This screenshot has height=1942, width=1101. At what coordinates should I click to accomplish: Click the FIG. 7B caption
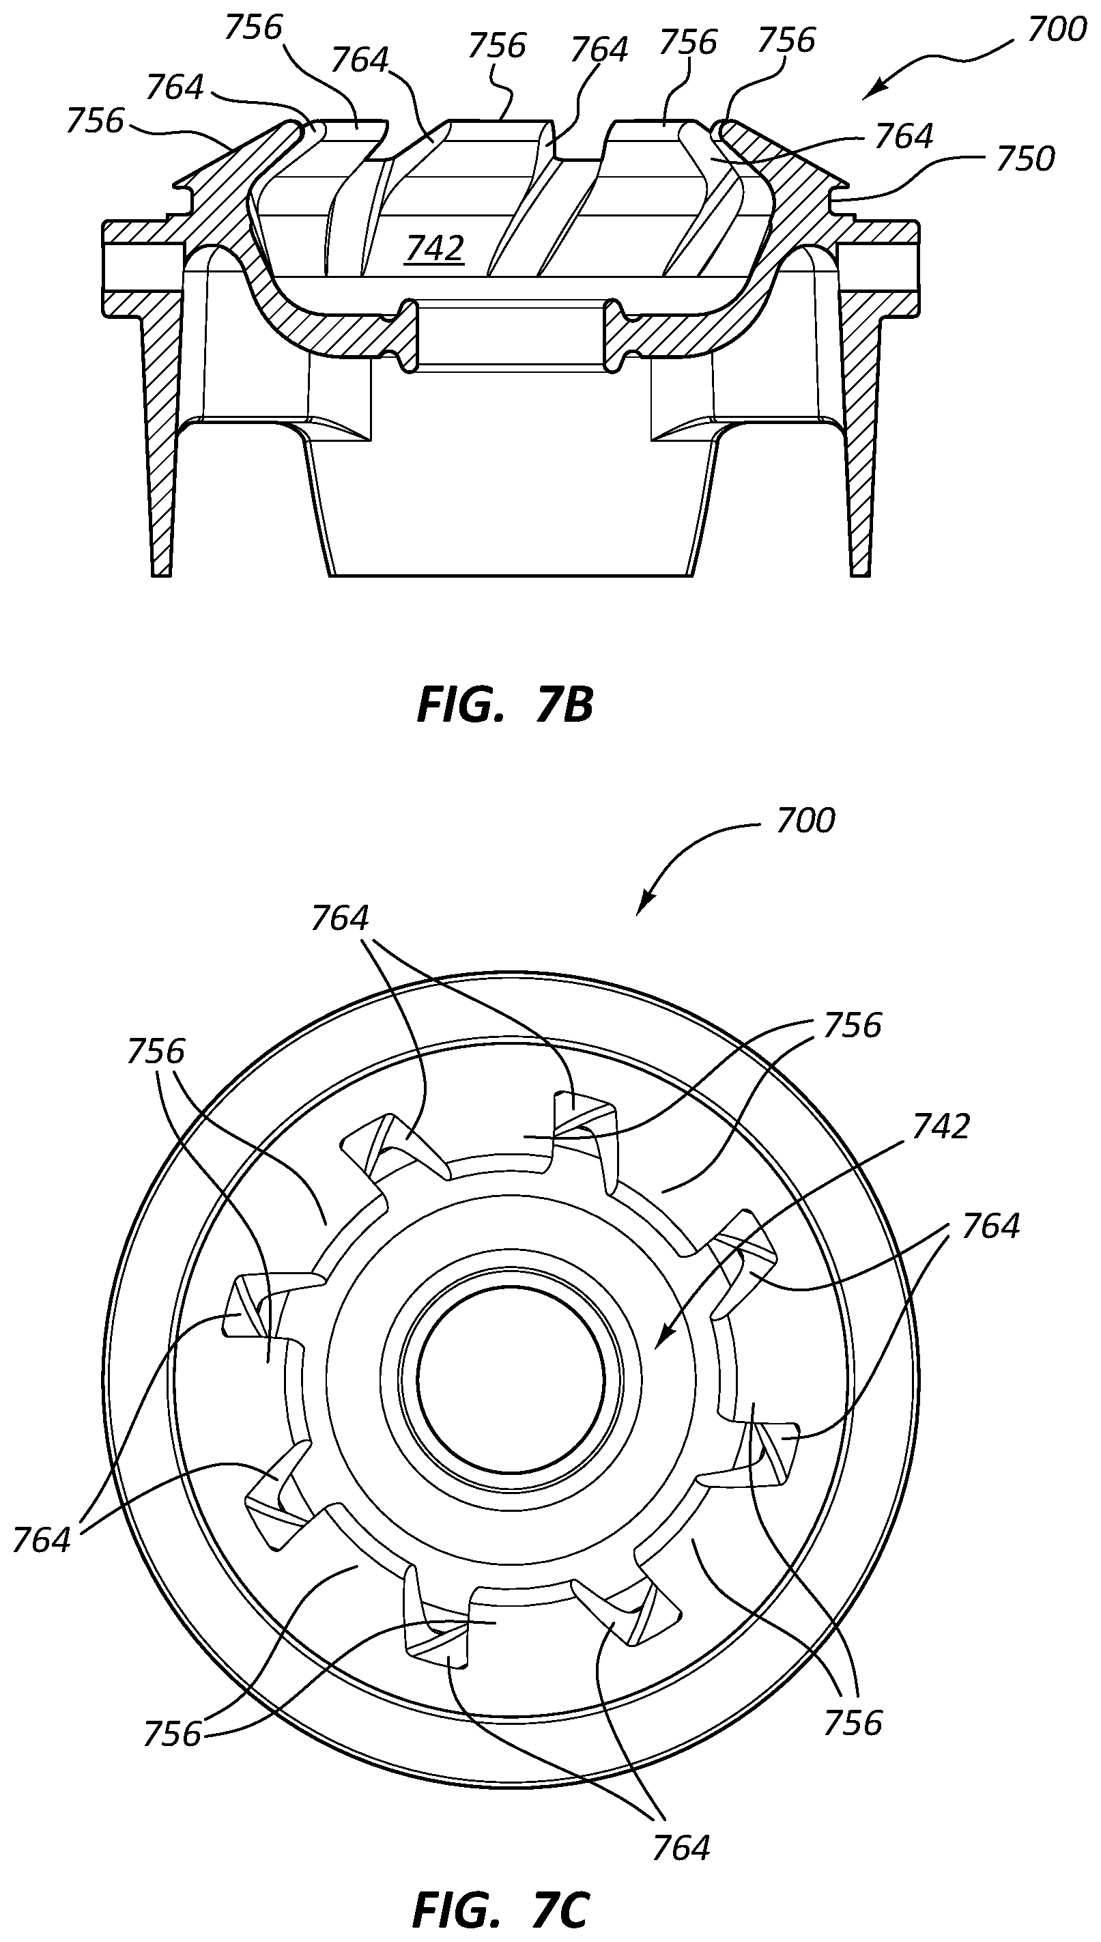(504, 705)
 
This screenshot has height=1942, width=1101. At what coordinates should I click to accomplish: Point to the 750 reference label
(1025, 160)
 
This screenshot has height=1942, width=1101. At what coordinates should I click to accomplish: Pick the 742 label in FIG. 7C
(941, 1127)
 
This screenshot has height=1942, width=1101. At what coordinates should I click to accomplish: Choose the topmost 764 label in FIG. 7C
(339, 919)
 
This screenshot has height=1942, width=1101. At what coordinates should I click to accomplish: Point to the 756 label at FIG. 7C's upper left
(156, 1052)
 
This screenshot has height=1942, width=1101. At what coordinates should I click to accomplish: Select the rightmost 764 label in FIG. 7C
(990, 1226)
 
